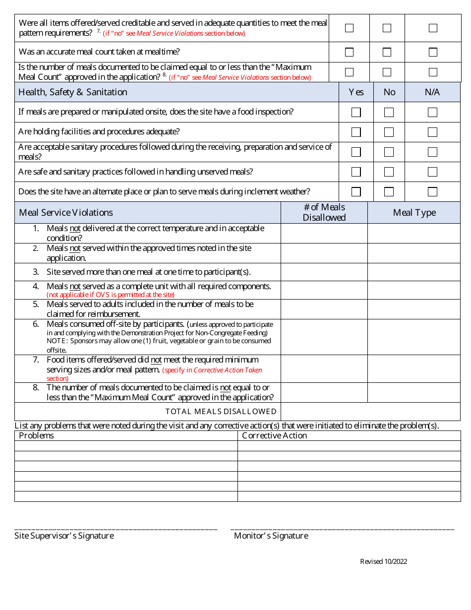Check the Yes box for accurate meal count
(x=350, y=52)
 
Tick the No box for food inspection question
(x=389, y=113)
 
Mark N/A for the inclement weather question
(x=432, y=192)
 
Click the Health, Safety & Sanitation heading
(x=73, y=92)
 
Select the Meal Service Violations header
(x=66, y=213)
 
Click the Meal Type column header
(x=414, y=213)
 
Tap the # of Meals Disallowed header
(x=324, y=212)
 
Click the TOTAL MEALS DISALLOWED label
(x=221, y=411)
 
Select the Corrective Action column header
(x=274, y=436)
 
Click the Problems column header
(x=36, y=436)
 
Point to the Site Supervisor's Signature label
(x=64, y=536)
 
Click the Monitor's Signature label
(x=271, y=536)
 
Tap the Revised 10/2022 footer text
(x=383, y=561)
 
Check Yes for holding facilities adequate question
(x=356, y=132)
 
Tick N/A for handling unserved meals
(x=432, y=172)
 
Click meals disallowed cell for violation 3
(x=324, y=272)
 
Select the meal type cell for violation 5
(x=414, y=309)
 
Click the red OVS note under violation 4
(x=111, y=295)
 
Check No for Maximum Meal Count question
(x=387, y=72)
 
